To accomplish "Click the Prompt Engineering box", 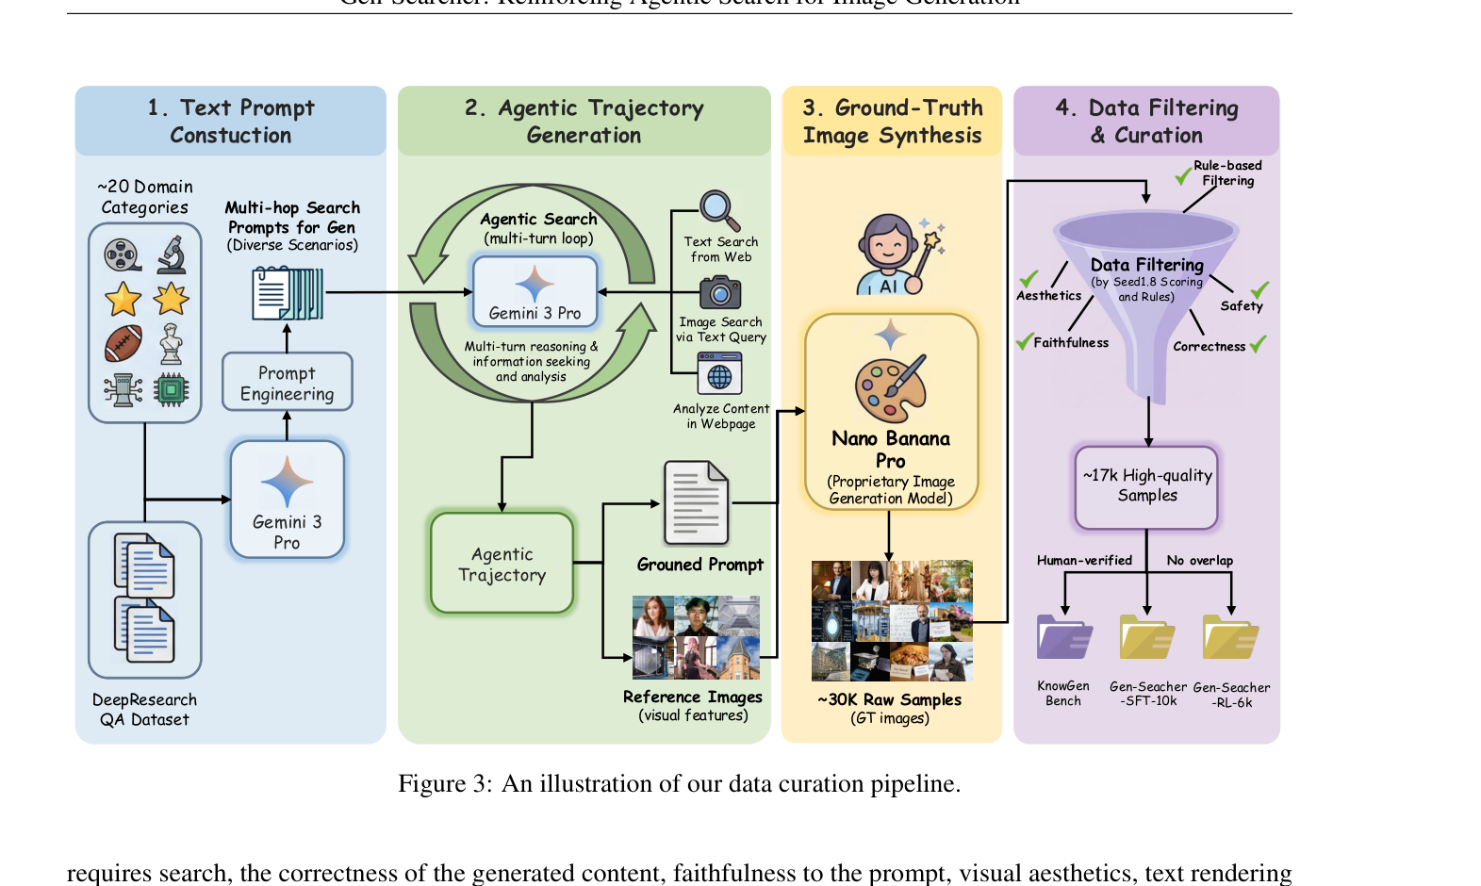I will tap(287, 383).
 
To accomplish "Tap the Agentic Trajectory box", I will tap(502, 564).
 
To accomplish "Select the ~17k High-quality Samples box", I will tap(1147, 486).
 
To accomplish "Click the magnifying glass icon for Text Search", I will tap(719, 210).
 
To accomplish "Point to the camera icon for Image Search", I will tap(720, 292).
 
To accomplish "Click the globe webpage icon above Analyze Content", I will tap(719, 374).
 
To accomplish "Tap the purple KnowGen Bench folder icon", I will tap(1063, 638).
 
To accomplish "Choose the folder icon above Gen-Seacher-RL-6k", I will tap(1231, 638).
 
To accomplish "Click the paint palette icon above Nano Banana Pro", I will tap(890, 387).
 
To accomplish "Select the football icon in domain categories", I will tap(123, 343).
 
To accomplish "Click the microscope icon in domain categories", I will tap(172, 254).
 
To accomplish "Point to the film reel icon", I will tap(123, 254).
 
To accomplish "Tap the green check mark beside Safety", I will tap(1259, 289).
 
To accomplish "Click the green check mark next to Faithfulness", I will tap(1024, 341).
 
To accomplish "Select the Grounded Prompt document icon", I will tap(697, 503).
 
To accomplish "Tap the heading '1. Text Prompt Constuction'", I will tap(231, 122).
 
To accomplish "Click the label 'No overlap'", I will tap(1199, 561).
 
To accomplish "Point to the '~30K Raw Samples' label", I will tap(889, 699).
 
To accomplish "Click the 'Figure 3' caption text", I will tap(679, 784).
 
